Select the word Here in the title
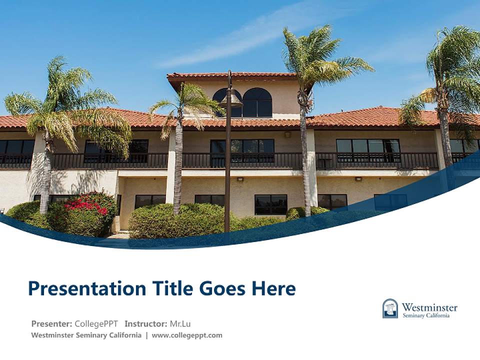[x=273, y=288]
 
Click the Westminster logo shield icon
[x=390, y=308]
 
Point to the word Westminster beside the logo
[x=429, y=306]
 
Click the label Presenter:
[x=51, y=323]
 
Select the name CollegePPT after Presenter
[x=96, y=323]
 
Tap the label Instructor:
[x=146, y=323]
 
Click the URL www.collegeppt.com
[x=187, y=335]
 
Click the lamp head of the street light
[x=231, y=99]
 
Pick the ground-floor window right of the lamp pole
[x=270, y=204]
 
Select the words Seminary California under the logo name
[x=426, y=315]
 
